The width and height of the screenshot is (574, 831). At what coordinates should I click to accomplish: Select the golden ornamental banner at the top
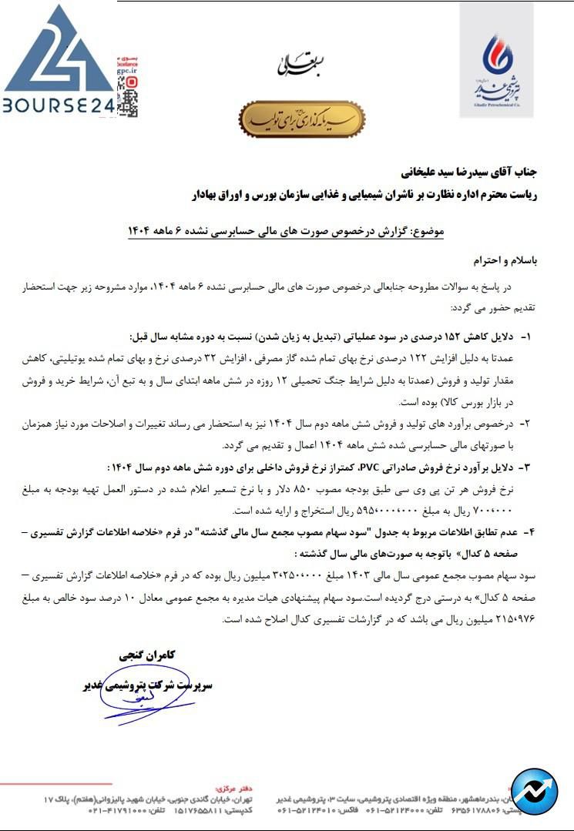coord(301,119)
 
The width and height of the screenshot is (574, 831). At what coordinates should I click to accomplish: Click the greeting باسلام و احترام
coord(505,260)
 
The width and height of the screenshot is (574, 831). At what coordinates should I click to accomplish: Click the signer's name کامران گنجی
coord(149,655)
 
